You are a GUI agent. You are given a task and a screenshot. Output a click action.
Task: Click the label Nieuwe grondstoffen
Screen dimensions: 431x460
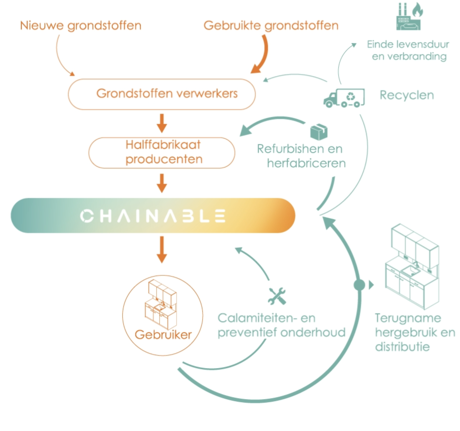click(81, 26)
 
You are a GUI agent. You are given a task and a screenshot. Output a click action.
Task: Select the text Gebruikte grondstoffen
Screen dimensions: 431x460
click(271, 26)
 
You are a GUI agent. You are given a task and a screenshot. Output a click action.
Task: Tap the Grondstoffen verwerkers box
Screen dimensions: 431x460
click(162, 94)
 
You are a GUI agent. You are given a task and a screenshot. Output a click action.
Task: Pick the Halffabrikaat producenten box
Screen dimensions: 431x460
click(162, 152)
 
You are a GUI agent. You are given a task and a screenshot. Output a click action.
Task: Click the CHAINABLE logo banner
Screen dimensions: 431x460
click(153, 215)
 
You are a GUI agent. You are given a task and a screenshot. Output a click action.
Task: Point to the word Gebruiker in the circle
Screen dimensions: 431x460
click(163, 334)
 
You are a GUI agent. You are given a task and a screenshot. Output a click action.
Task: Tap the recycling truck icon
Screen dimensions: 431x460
click(344, 98)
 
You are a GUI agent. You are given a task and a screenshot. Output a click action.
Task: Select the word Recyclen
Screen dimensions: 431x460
click(407, 95)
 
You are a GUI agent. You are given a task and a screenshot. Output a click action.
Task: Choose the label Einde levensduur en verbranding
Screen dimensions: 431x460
click(408, 50)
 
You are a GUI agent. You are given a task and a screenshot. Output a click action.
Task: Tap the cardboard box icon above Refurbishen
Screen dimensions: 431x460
click(319, 132)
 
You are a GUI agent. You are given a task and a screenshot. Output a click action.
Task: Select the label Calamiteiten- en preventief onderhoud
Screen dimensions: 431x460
click(281, 325)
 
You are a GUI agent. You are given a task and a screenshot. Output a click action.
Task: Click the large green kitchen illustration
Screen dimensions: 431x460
click(412, 266)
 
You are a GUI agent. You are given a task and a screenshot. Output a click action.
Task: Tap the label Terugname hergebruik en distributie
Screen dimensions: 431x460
click(414, 332)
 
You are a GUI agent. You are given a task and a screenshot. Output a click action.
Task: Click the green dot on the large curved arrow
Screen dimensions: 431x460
click(359, 285)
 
